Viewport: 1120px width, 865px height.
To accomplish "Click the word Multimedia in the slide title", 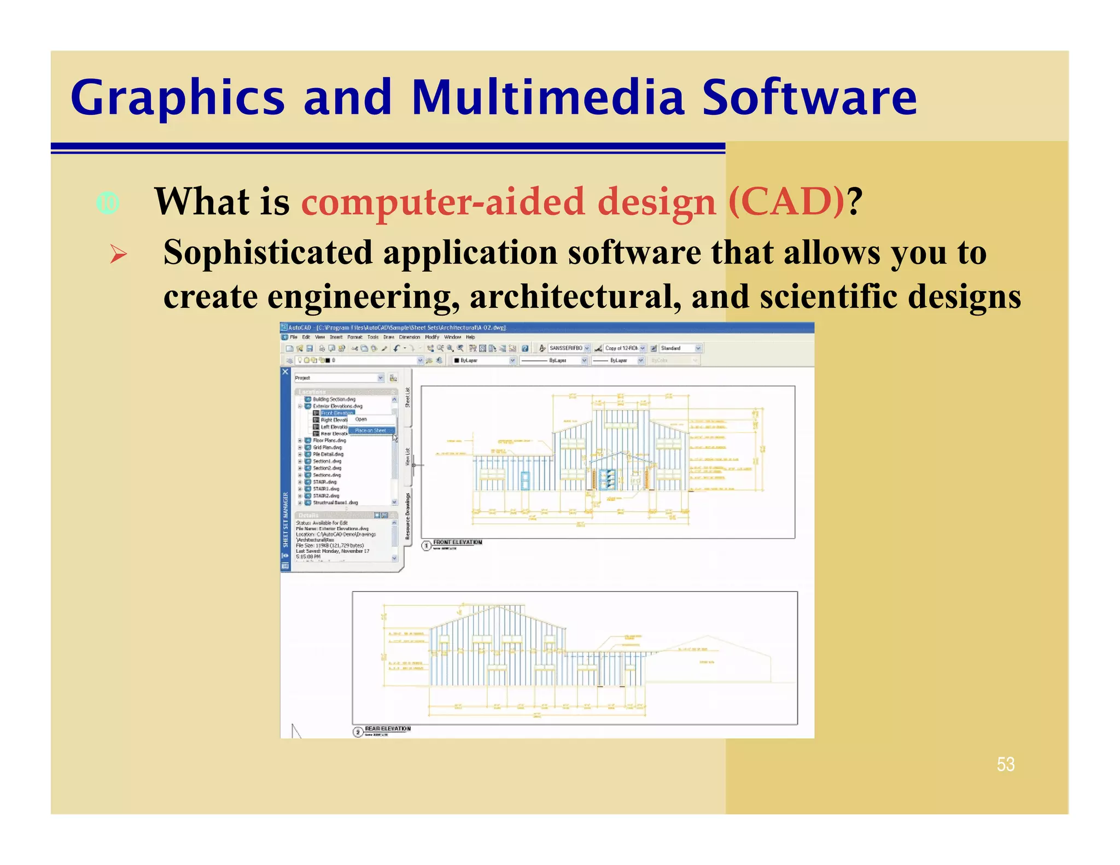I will pos(547,98).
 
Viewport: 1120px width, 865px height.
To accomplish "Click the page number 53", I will pos(1005,764).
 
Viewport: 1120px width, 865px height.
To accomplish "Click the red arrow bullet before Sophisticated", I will pos(118,254).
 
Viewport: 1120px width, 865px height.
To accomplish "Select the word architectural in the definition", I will pos(575,296).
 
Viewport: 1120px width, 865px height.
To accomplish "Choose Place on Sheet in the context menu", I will pos(370,430).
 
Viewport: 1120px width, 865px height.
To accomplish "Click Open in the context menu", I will pos(361,419).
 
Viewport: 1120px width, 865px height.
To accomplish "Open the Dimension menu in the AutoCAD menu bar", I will pos(409,337).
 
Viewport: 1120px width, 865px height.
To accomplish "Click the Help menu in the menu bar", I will pos(470,337).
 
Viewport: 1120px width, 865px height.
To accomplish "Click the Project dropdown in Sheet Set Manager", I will pos(339,378).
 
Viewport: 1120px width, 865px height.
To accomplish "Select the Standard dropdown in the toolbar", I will pos(680,348).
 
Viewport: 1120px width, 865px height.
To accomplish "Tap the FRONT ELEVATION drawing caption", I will pos(457,542).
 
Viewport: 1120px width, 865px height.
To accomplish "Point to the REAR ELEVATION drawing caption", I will pos(387,729).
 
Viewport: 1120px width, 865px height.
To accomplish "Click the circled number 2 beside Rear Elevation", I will pos(358,732).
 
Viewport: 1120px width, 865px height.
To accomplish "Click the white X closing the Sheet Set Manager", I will pos(285,372).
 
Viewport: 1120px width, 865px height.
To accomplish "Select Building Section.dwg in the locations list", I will pos(334,399).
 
